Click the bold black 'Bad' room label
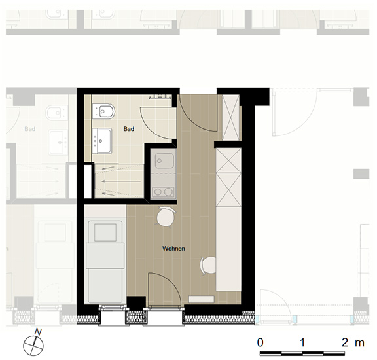point(129,129)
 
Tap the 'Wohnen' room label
point(173,249)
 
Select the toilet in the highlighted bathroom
point(104,111)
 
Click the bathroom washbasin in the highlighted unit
point(102,141)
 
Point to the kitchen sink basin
point(164,161)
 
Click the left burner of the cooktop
point(158,192)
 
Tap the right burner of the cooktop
point(169,192)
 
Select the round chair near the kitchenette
point(166,217)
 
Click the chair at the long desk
point(208,265)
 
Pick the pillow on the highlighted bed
point(105,232)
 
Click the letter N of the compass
point(38,332)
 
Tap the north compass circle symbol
point(33,346)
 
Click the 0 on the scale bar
point(260,342)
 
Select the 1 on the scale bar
point(302,342)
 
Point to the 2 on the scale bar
point(345,342)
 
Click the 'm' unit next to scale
point(360,343)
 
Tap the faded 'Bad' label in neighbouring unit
point(30,129)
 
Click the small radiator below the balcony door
point(202,299)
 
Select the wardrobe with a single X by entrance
point(231,118)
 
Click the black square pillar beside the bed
point(136,302)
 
